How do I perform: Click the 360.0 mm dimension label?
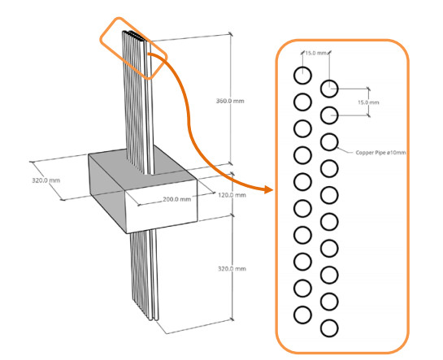(x=230, y=101)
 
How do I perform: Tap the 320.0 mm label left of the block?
(x=46, y=180)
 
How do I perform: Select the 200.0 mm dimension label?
(x=177, y=199)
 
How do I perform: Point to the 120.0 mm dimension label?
(x=232, y=195)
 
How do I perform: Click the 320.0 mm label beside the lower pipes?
(x=232, y=268)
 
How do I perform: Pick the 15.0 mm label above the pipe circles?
(x=315, y=53)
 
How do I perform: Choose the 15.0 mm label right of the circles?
(x=368, y=102)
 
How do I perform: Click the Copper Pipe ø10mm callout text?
(x=380, y=153)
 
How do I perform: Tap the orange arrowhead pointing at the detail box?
(x=268, y=189)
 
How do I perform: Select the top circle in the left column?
(x=302, y=76)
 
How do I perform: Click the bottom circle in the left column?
(x=302, y=314)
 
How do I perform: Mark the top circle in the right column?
(x=329, y=89)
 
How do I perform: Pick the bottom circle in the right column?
(x=329, y=327)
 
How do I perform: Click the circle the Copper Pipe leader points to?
(x=329, y=141)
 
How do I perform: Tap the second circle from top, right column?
(x=329, y=115)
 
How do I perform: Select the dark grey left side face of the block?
(x=107, y=186)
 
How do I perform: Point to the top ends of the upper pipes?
(x=136, y=36)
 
